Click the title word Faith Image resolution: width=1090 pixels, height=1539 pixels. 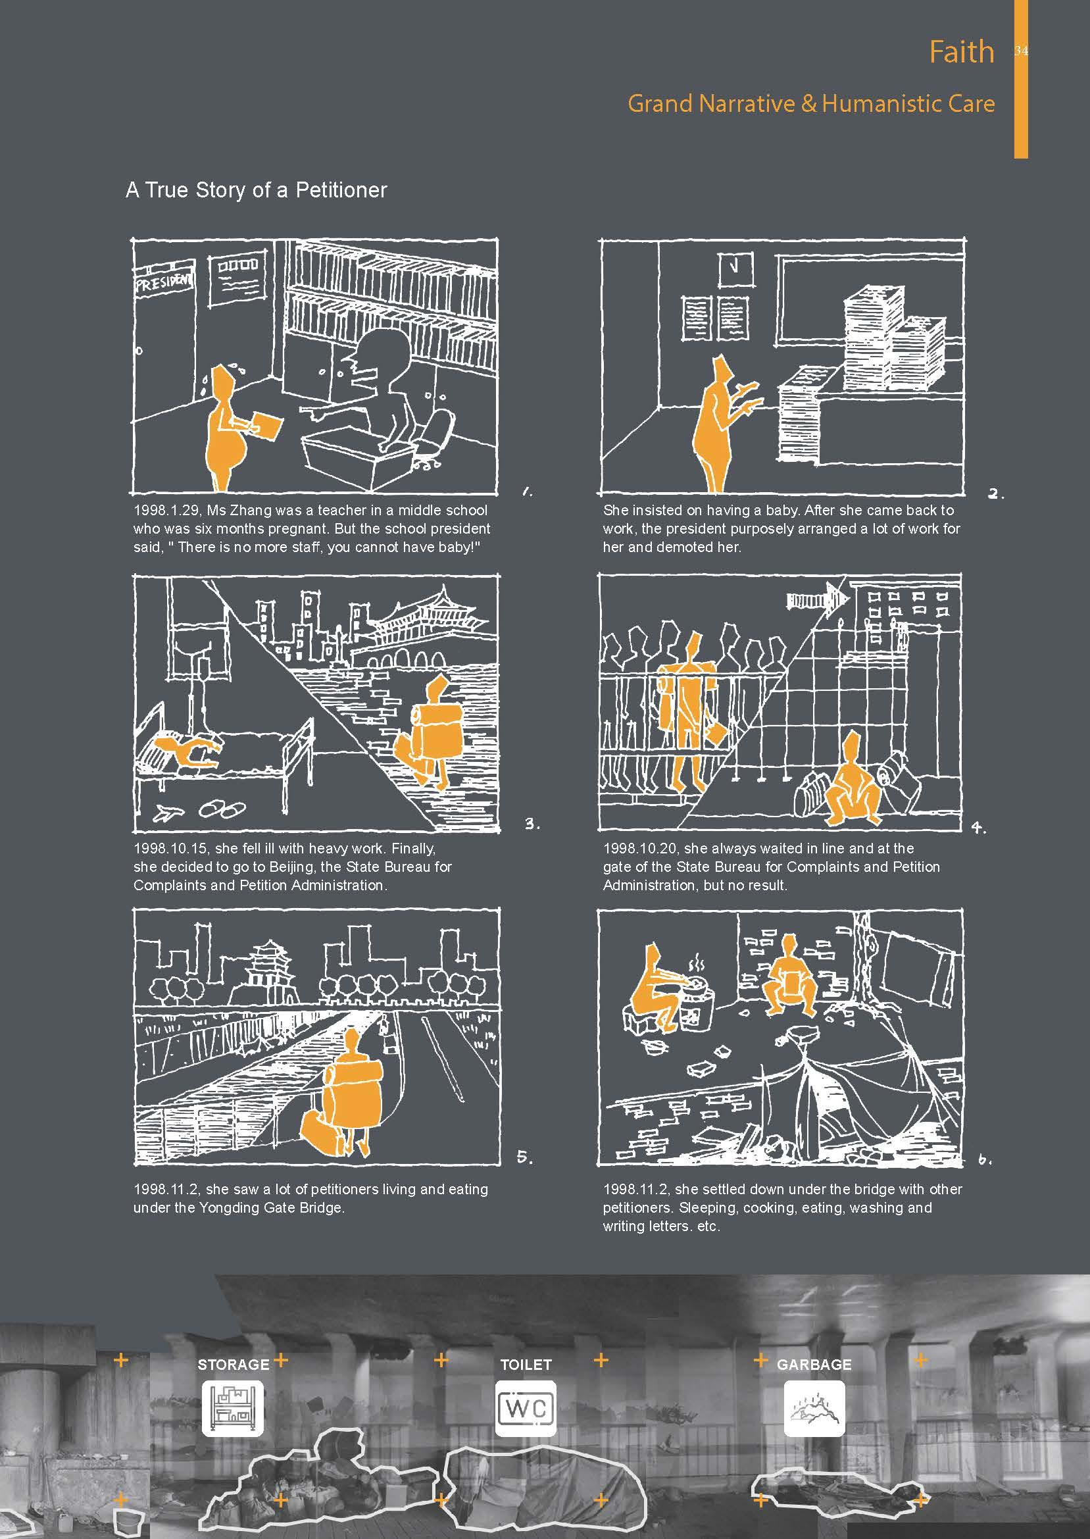961,52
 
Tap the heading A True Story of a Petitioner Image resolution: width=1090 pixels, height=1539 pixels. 257,190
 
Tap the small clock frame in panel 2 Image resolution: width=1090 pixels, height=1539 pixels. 735,268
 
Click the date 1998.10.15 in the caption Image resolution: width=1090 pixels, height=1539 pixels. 170,848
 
